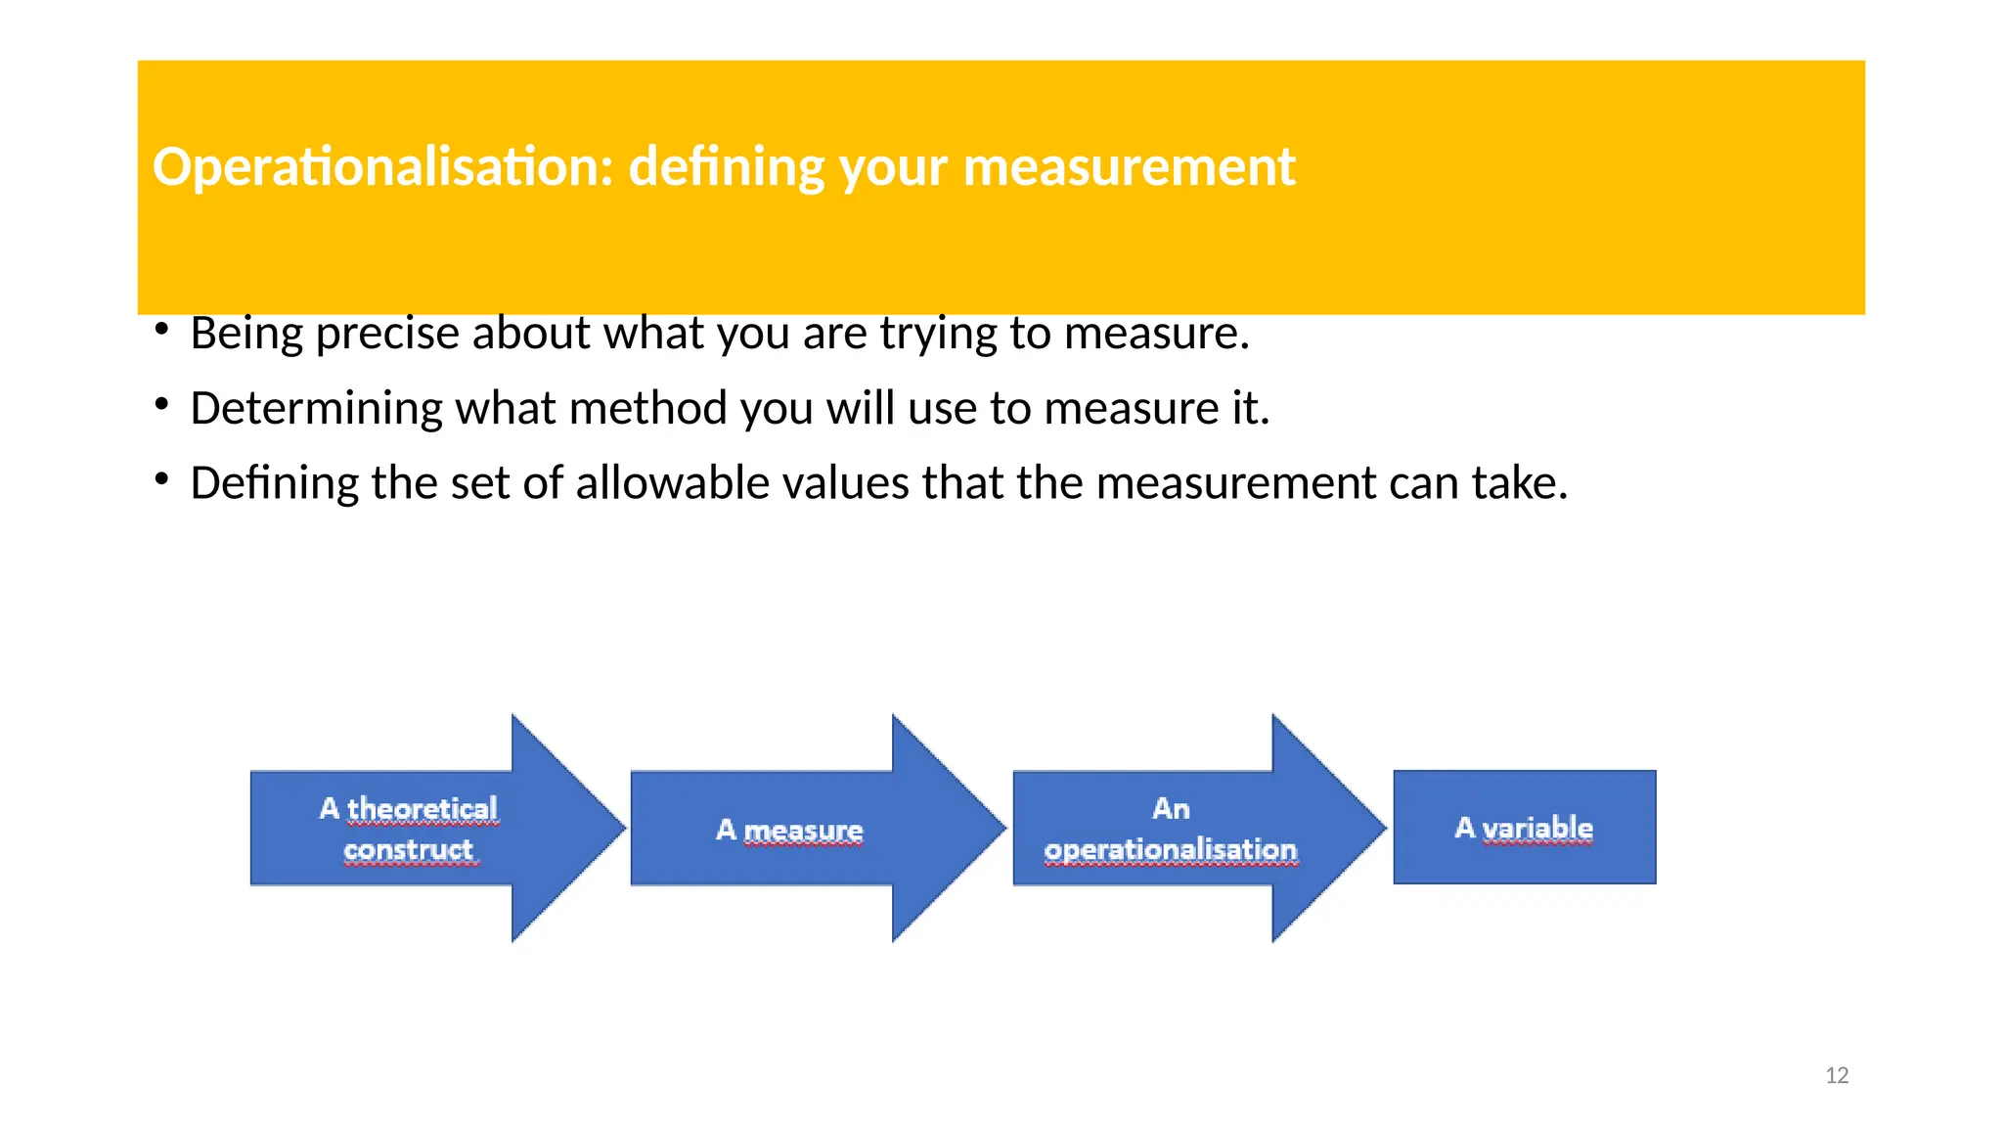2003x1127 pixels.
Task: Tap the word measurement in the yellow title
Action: (x=1129, y=167)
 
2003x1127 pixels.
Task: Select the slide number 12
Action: (x=1837, y=1076)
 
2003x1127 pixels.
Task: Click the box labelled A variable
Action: (x=1524, y=828)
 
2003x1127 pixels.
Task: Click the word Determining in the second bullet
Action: (x=316, y=409)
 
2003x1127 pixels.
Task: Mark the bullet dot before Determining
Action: (x=162, y=404)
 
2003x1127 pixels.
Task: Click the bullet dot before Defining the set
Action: (x=162, y=479)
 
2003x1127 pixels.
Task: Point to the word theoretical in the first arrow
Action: (x=423, y=809)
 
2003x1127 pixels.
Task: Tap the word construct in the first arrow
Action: (x=409, y=849)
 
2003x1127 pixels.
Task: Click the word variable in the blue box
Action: (x=1537, y=828)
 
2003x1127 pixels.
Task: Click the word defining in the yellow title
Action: (x=726, y=167)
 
